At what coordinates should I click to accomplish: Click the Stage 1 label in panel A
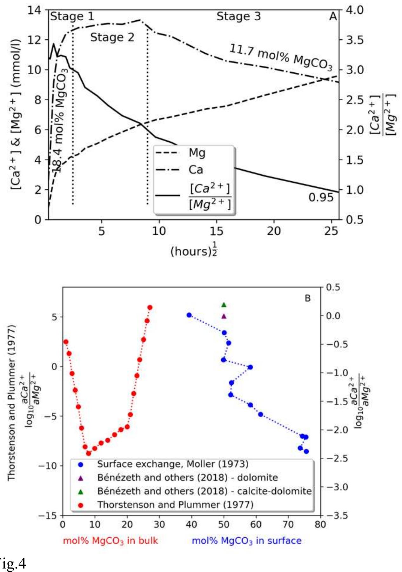[x=72, y=17]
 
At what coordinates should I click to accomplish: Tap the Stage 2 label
[x=112, y=37]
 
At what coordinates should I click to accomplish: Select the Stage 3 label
[x=238, y=17]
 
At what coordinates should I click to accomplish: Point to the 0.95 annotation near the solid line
[x=321, y=198]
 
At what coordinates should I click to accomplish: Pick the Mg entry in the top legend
[x=197, y=153]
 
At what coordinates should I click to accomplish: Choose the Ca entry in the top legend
[x=196, y=170]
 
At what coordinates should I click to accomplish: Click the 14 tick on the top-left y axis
[x=34, y=10]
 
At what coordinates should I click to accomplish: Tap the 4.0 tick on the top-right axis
[x=355, y=10]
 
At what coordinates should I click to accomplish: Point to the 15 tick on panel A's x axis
[x=216, y=231]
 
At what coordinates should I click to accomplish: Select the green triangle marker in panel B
[x=224, y=305]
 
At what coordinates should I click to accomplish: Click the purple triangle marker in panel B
[x=224, y=316]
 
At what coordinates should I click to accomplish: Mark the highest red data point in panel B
[x=150, y=307]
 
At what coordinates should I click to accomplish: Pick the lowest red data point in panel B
[x=89, y=453]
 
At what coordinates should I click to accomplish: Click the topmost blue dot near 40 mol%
[x=189, y=315]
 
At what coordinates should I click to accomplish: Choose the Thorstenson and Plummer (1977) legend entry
[x=175, y=505]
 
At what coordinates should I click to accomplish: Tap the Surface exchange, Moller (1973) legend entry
[x=172, y=464]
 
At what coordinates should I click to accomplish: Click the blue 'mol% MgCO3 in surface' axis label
[x=246, y=541]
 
